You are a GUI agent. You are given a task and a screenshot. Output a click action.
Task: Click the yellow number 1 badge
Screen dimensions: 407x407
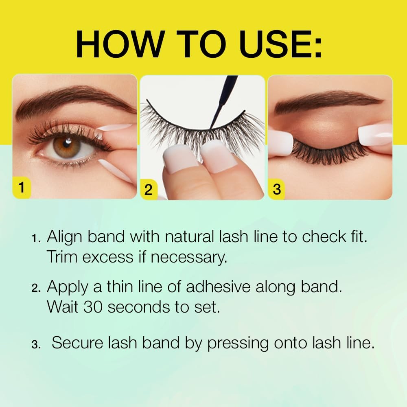(x=22, y=188)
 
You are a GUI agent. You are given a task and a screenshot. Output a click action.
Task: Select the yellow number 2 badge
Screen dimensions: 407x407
(x=149, y=190)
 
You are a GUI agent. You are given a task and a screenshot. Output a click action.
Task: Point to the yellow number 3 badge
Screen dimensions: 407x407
(x=277, y=189)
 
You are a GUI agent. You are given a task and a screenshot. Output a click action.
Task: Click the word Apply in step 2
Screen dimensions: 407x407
(x=68, y=288)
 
